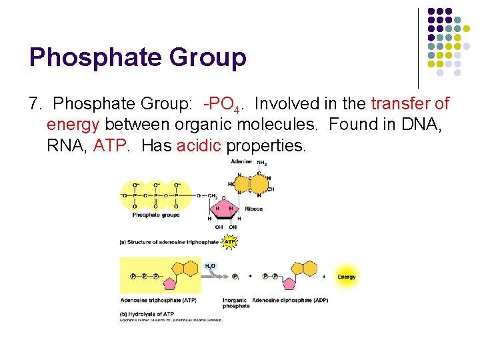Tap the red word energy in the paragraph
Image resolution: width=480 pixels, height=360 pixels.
pos(73,125)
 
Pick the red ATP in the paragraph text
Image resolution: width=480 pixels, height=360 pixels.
pos(108,145)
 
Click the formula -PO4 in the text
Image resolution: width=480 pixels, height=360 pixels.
pos(223,105)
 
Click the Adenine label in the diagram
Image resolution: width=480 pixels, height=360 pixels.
pos(241,162)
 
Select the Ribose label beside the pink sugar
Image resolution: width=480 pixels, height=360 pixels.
pos(253,209)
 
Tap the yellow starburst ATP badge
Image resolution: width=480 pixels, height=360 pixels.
pos(230,242)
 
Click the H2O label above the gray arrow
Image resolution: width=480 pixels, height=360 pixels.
pos(210,265)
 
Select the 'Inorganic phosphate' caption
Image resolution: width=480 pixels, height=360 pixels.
pos(235,303)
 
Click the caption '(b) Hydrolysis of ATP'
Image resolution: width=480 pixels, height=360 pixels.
pos(147,314)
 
